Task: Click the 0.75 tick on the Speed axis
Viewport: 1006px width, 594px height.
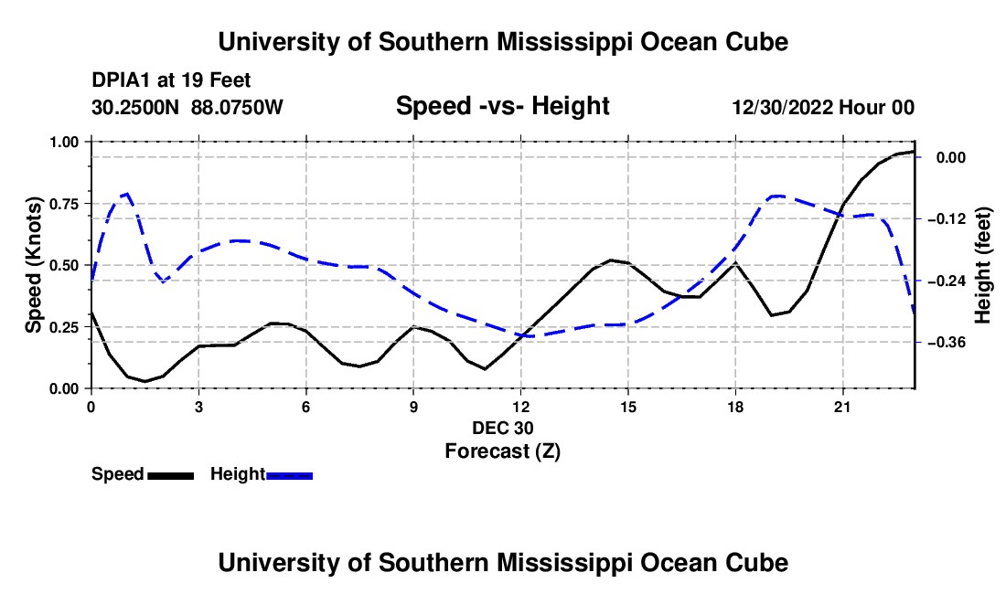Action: [x=89, y=204]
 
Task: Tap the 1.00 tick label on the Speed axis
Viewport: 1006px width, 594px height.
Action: [x=63, y=142]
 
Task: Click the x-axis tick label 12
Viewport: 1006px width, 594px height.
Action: [x=521, y=407]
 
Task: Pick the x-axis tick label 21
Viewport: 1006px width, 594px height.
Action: [x=842, y=407]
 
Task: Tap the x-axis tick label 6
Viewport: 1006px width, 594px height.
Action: [x=306, y=407]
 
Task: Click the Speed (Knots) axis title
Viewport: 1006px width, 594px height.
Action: [x=34, y=265]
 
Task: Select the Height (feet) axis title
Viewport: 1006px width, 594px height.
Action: [x=983, y=265]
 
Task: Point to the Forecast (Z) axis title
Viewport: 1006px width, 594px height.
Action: [x=502, y=451]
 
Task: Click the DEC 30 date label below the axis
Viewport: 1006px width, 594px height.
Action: [x=502, y=428]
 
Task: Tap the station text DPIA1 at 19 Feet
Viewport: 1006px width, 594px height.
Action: [x=171, y=80]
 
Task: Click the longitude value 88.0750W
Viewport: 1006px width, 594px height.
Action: [x=237, y=108]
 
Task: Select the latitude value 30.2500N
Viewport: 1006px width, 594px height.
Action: [x=135, y=108]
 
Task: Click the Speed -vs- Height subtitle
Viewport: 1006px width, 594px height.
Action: [x=502, y=106]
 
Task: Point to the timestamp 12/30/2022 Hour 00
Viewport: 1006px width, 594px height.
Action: [x=823, y=108]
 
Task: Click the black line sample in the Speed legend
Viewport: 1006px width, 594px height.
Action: [x=171, y=476]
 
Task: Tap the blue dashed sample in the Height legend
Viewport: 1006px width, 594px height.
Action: [x=289, y=476]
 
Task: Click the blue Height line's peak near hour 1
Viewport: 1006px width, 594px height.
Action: [x=127, y=193]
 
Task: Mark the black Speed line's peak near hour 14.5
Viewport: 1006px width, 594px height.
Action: [x=611, y=260]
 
